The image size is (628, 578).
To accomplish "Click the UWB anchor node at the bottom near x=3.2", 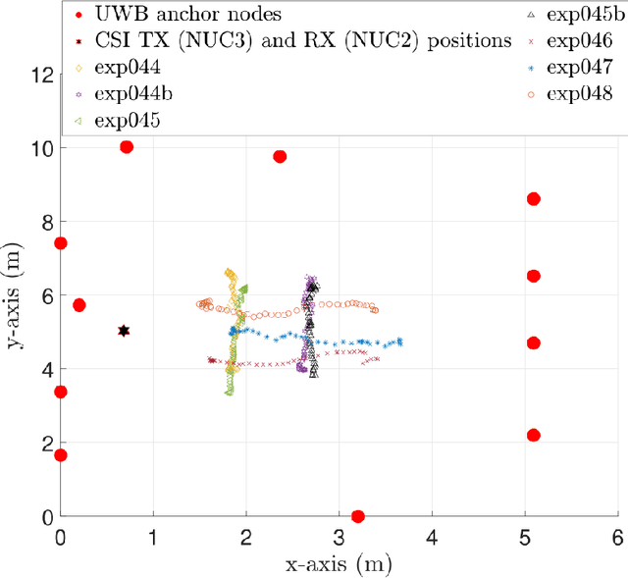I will (x=357, y=516).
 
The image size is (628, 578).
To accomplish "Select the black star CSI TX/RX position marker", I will (x=124, y=331).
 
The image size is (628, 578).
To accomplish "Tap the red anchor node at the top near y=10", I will (x=126, y=147).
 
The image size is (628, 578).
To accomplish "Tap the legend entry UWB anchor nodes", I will (x=177, y=15).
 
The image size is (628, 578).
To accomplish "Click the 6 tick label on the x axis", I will (x=616, y=537).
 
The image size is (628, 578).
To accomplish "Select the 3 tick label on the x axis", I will (x=339, y=537).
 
